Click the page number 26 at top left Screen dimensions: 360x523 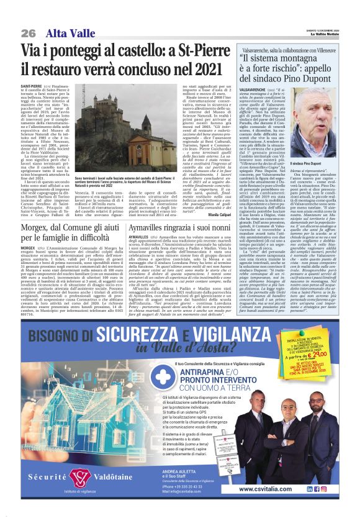click(x=28, y=32)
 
